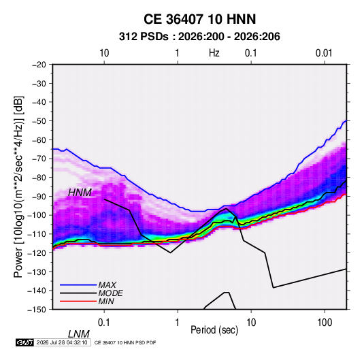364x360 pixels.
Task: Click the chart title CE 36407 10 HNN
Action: [x=199, y=19]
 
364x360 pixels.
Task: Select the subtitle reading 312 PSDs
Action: [x=144, y=37]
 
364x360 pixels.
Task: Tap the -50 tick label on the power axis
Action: [x=39, y=120]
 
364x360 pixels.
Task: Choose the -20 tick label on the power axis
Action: [x=39, y=65]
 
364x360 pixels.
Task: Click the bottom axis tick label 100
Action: [x=325, y=323]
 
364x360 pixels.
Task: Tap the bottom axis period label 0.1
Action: [x=104, y=323]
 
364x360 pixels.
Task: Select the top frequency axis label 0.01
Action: [x=324, y=53]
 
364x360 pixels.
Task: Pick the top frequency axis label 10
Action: [x=104, y=53]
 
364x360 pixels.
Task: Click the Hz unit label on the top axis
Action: [x=214, y=53]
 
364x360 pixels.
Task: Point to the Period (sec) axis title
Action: [x=214, y=330]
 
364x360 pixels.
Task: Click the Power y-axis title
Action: [x=18, y=186]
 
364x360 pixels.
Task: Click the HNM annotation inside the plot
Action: [x=80, y=193]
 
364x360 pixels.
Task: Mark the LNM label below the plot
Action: [x=79, y=334]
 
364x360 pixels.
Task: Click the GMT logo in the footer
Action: [x=25, y=342]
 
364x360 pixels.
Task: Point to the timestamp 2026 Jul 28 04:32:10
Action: [x=62, y=342]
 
